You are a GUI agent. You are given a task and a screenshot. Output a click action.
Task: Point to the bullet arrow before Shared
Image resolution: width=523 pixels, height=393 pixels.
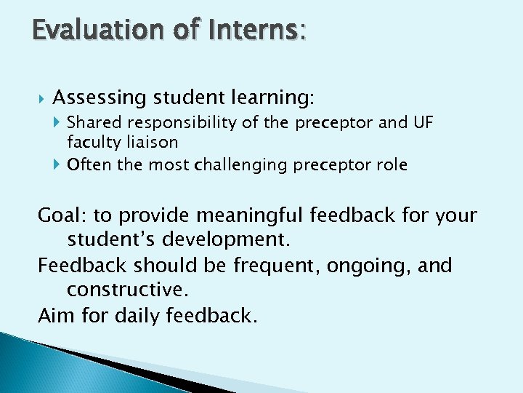pos(58,123)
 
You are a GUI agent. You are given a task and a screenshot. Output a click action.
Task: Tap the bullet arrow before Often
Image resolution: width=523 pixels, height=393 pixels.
pos(58,165)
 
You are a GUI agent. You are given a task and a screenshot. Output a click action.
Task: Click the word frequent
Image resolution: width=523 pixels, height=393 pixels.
pos(277,266)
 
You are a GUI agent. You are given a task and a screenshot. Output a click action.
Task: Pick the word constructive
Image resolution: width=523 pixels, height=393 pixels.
pos(126,290)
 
